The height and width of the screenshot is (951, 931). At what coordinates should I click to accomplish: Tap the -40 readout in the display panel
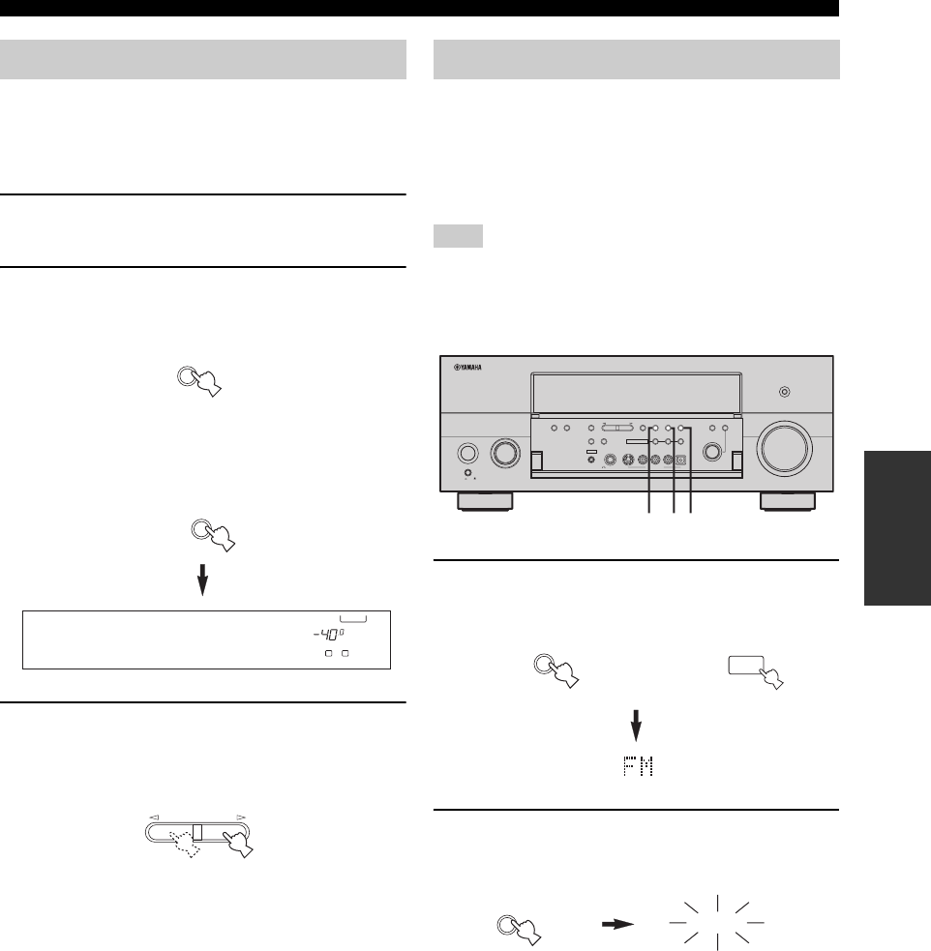[318, 635]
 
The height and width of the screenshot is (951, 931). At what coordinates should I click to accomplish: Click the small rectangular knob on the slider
[196, 831]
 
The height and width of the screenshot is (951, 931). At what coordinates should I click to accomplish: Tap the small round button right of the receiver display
[784, 392]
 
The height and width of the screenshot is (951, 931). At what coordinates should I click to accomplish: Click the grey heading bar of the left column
[204, 59]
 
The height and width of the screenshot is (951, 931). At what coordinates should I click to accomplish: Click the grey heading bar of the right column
[636, 59]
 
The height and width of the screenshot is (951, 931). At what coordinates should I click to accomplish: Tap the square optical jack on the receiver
[681, 461]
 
